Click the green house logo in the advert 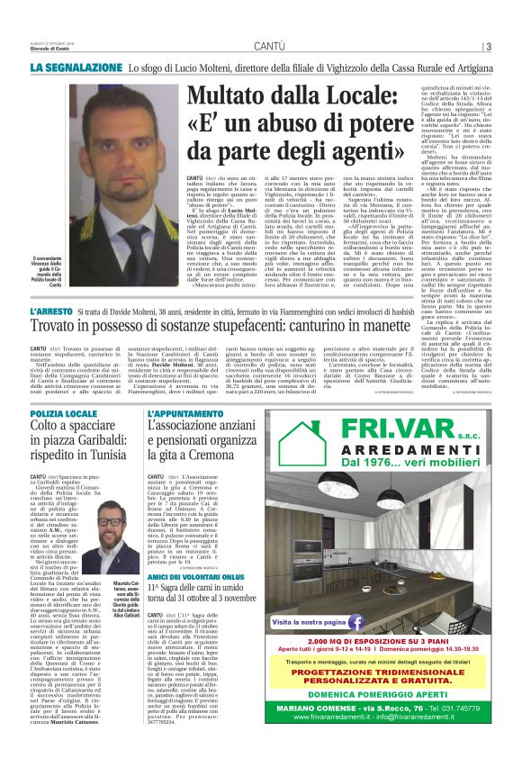tap(302, 444)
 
